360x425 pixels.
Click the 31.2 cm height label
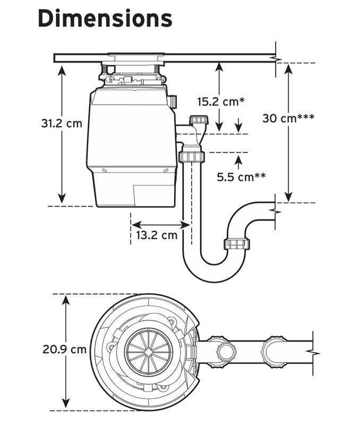coord(62,123)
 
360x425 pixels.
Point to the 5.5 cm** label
coord(241,177)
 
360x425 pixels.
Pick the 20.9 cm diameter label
coord(64,349)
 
